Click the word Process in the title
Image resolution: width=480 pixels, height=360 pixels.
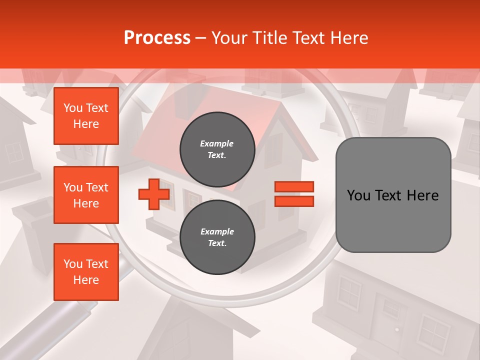[157, 38]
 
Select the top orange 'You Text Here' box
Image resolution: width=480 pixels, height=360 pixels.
[86, 116]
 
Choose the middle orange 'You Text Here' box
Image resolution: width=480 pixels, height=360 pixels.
[86, 195]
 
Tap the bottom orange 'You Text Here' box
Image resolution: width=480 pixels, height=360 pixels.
[86, 272]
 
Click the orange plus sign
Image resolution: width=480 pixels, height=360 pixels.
[154, 194]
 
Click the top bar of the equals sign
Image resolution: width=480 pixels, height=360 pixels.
[294, 186]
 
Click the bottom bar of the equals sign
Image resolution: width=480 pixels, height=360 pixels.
[294, 201]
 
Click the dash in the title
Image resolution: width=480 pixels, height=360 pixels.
[200, 38]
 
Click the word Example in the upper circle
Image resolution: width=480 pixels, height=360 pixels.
[217, 143]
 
